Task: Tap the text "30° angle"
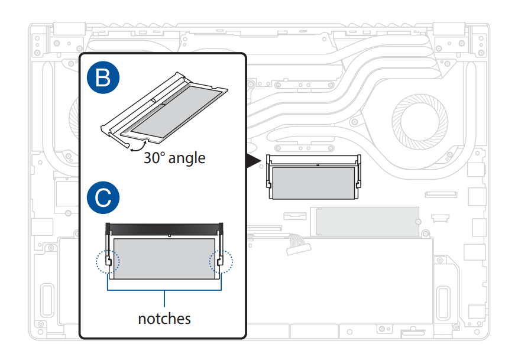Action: coord(174,158)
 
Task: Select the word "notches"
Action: coord(164,319)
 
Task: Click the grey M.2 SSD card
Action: coord(367,222)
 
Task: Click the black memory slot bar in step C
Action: coord(164,228)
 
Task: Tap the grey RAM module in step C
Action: coord(164,258)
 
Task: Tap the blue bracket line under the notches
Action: coord(164,290)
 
